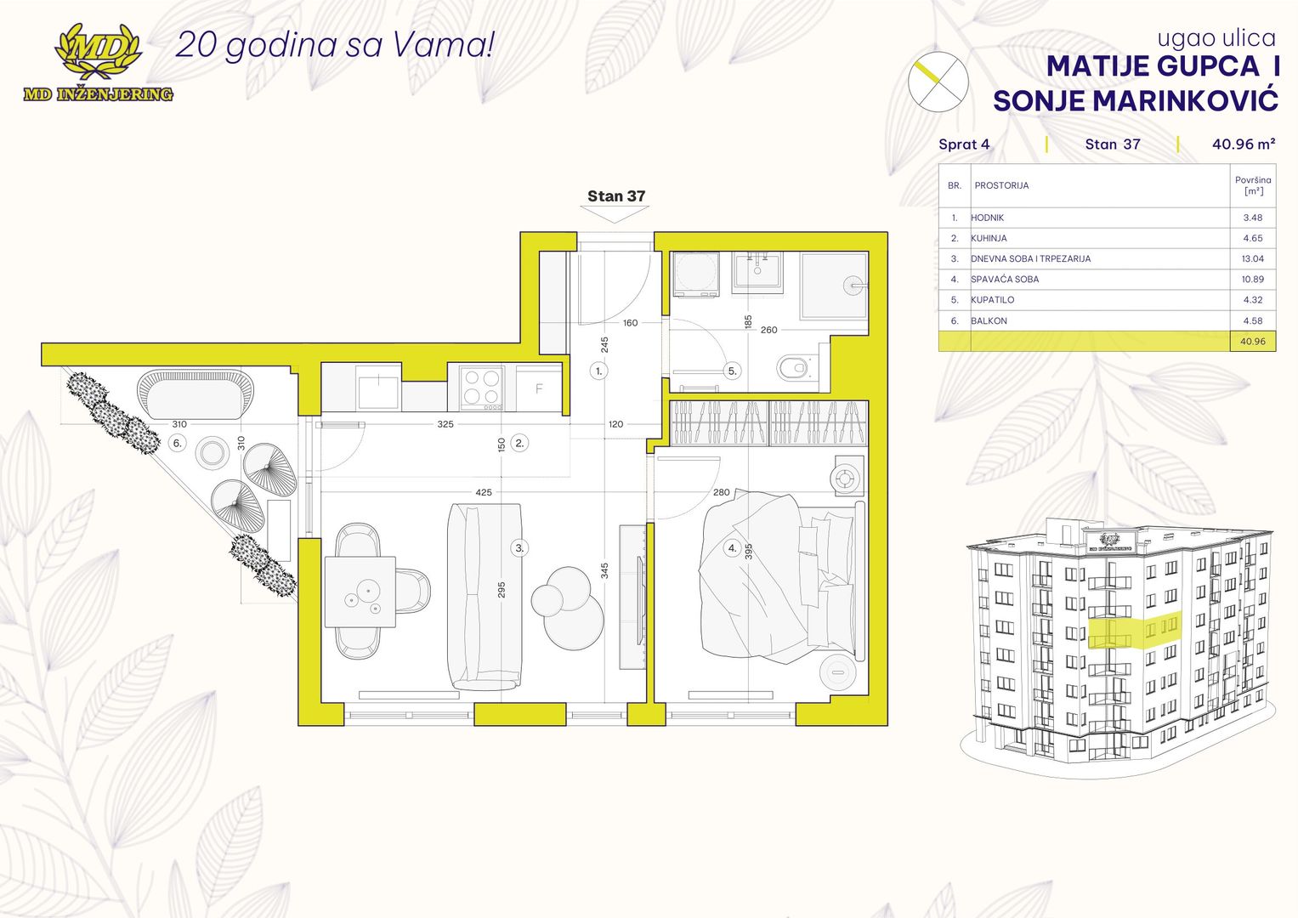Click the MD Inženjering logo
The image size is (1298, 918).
(98, 63)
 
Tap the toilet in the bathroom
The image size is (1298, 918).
(793, 367)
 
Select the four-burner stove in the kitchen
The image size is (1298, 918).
(481, 387)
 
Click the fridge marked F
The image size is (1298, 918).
(539, 388)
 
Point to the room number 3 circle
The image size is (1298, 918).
(519, 547)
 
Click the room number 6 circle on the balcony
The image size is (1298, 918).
(178, 444)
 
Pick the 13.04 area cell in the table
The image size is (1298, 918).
(1252, 258)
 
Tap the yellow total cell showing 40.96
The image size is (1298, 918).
(1252, 342)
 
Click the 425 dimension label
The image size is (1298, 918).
(484, 492)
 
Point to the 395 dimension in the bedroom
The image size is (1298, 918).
(748, 551)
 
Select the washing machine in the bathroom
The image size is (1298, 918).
(696, 274)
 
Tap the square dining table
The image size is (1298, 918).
(360, 592)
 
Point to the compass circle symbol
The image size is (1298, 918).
(938, 82)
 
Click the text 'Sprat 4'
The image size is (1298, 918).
(964, 144)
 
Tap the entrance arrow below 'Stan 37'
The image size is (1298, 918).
(615, 214)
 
